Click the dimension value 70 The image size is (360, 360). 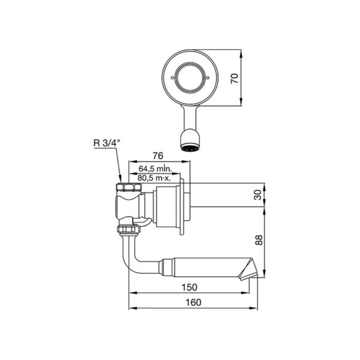coord(235,78)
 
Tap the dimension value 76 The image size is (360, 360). coord(158,156)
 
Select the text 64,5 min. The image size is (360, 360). coord(155,169)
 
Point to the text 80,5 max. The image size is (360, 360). coord(154,178)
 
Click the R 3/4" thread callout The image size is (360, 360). coord(107,143)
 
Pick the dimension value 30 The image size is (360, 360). coord(258,194)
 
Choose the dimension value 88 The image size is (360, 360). coord(259,240)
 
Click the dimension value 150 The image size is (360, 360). coord(190,287)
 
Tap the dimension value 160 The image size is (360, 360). coord(193,302)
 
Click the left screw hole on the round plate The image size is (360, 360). coord(172,78)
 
